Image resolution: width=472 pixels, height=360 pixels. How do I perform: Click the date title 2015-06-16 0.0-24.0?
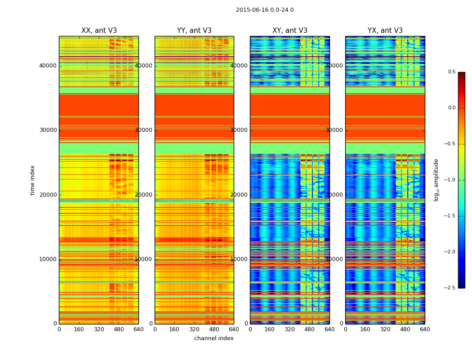pyautogui.click(x=265, y=10)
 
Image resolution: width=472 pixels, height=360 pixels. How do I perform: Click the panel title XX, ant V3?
pyautogui.click(x=99, y=31)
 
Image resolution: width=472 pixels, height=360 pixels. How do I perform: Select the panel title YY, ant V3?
pyautogui.click(x=194, y=31)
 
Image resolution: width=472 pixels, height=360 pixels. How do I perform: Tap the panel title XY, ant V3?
pyautogui.click(x=290, y=31)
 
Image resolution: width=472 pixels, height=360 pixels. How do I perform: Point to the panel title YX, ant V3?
pyautogui.click(x=385, y=31)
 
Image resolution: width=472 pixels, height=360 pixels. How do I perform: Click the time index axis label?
pyautogui.click(x=32, y=180)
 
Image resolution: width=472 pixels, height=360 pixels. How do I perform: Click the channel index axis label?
pyautogui.click(x=214, y=338)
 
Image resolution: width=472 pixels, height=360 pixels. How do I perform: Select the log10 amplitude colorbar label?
pyautogui.click(x=436, y=180)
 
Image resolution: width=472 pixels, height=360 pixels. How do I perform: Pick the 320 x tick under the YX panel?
pyautogui.click(x=385, y=329)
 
